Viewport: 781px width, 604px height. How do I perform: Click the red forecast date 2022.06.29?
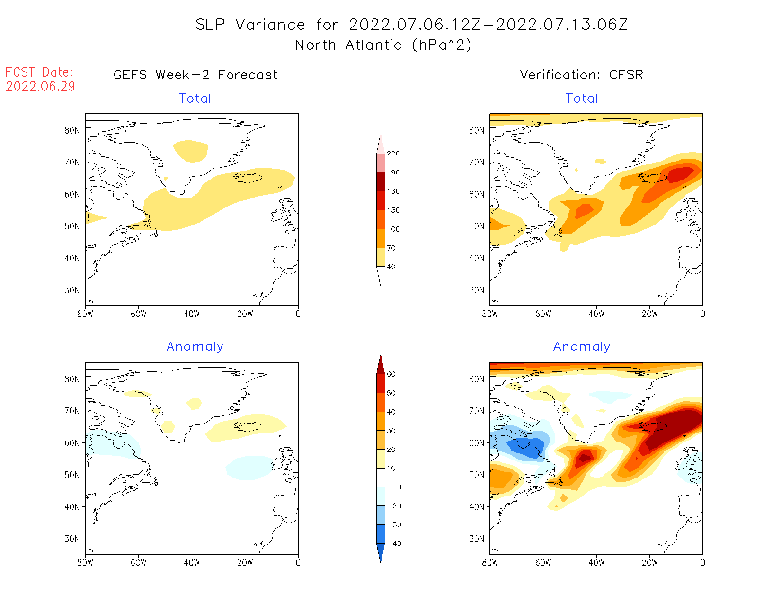coord(40,86)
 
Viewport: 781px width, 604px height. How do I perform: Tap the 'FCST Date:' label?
coord(39,72)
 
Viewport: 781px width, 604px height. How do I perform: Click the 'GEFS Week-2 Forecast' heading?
coord(195,75)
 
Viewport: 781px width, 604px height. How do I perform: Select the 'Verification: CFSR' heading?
coord(581,75)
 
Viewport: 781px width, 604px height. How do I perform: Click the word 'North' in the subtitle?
coord(315,45)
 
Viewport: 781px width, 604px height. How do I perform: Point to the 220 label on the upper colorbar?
coord(393,154)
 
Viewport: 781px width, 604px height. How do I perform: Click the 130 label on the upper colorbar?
coord(393,210)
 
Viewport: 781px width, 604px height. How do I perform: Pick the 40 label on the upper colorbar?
coord(391,267)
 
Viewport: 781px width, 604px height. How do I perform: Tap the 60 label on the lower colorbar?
coord(391,374)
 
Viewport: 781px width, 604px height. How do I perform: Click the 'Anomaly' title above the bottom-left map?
coord(195,347)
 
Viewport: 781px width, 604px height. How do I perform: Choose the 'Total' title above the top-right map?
coord(582,99)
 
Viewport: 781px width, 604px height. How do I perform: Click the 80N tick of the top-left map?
coord(72,130)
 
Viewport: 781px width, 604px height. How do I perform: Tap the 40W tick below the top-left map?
coord(192,314)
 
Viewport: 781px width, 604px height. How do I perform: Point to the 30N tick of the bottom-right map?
coord(477,539)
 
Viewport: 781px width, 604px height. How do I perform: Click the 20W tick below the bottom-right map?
coord(649,562)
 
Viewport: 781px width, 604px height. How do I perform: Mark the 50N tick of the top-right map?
coord(477,226)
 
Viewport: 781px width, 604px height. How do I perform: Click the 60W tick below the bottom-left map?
coord(138,562)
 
